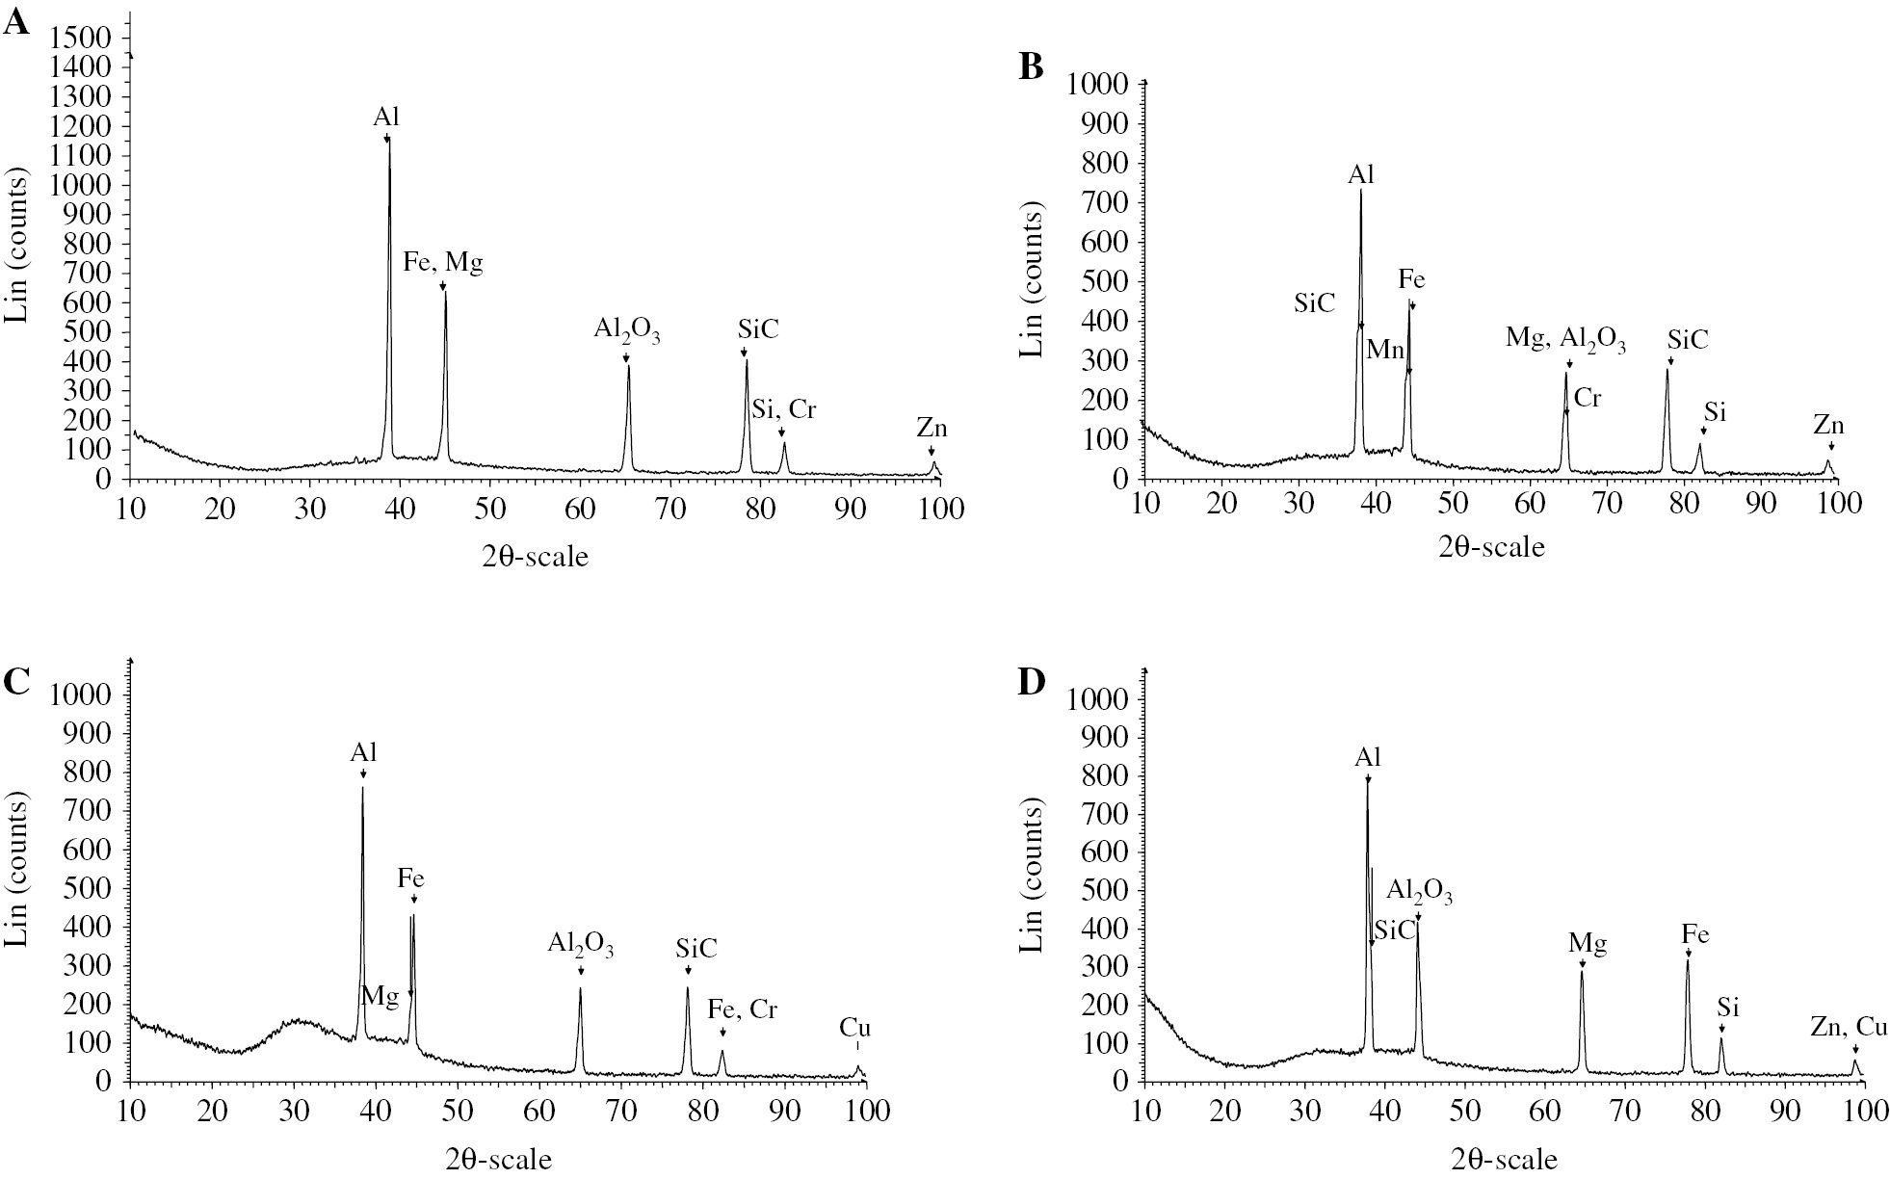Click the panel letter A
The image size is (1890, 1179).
16,22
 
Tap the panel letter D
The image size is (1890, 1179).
1032,682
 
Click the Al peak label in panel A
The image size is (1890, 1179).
387,118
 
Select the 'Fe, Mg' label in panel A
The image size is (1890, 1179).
443,263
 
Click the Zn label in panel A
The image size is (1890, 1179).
932,429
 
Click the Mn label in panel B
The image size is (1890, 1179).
1385,350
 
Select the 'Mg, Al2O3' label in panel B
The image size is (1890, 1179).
1566,340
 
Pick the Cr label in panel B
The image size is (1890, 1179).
1587,398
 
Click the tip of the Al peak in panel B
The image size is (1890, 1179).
1360,191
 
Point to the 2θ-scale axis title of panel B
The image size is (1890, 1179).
1491,548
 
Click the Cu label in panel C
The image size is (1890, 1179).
854,1028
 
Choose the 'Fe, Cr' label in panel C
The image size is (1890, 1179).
742,1009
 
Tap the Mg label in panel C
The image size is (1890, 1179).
380,997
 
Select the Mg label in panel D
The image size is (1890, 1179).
1588,944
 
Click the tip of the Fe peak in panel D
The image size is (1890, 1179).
1688,958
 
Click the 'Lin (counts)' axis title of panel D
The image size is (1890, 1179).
1032,875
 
